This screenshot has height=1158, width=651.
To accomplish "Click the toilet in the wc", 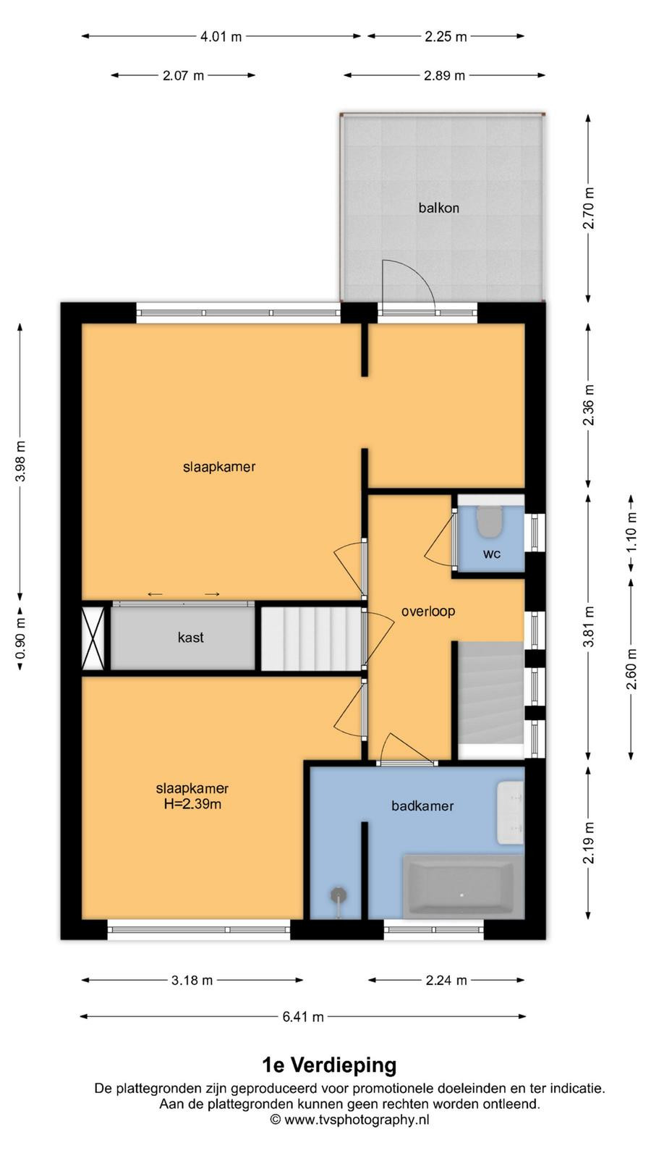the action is [488, 521].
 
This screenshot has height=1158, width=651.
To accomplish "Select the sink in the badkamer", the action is [511, 813].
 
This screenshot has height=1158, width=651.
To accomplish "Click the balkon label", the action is [438, 208].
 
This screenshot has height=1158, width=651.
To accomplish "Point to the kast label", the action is [191, 638].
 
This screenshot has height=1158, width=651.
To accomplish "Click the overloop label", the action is [428, 611].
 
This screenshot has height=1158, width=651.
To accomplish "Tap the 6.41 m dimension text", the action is [303, 1017].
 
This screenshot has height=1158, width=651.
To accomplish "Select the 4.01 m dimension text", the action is [221, 37].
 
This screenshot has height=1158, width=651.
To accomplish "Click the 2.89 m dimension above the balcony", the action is [444, 75].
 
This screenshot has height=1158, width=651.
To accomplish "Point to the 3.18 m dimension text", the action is [192, 980].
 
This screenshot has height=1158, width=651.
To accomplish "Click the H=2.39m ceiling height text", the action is [192, 804].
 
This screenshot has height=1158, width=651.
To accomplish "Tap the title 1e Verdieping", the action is [330, 1065].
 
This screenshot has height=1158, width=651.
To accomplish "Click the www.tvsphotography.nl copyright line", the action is [350, 1120].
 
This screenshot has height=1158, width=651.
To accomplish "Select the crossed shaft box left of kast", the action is [93, 638].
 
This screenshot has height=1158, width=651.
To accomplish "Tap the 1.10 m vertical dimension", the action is [631, 533].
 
